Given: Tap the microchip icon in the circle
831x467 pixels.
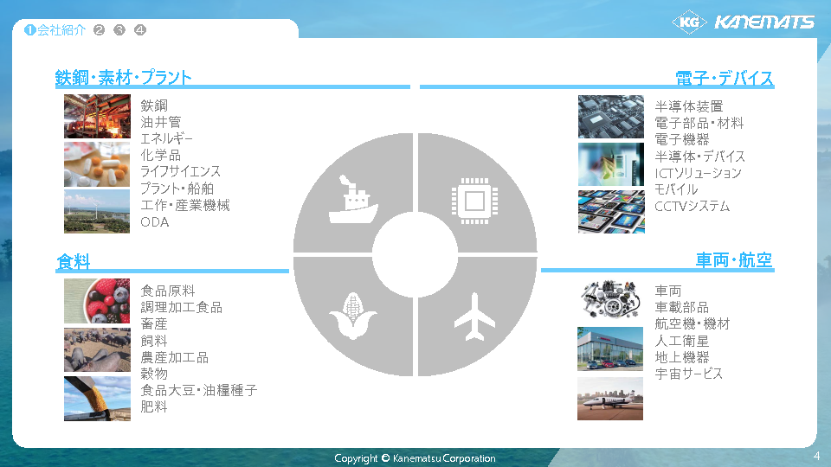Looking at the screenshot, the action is pos(474,201).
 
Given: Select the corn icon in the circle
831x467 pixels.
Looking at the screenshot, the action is pos(352,316).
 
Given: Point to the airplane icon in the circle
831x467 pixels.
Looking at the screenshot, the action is pos(474,317).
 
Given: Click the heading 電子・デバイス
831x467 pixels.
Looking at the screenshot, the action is pos(724,78).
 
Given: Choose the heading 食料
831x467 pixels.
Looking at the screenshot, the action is pos(73,261).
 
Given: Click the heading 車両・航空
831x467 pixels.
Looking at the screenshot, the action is pos(734,260).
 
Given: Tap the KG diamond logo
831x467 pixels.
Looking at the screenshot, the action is pos(689,22).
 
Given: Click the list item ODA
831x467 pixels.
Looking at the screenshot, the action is pos(155,222).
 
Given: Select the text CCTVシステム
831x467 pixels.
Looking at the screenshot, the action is pos(692,206).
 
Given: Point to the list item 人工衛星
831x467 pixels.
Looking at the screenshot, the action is pos(681,341).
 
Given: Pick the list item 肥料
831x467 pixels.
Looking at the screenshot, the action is pos(154,406).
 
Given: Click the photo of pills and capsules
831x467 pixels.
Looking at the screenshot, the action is pos(97,164).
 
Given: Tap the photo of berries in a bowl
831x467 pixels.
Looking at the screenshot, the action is pos(97,301).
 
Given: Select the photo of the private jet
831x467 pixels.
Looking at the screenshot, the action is pos(610,399).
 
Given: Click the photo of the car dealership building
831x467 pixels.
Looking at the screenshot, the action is pos(610,349).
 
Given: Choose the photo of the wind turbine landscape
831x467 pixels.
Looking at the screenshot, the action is pos(97,211).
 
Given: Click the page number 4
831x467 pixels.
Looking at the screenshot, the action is pos(816,456).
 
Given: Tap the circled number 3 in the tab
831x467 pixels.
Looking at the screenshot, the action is pos(119,30).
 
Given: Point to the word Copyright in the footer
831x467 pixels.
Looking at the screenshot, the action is pos(356,458).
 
